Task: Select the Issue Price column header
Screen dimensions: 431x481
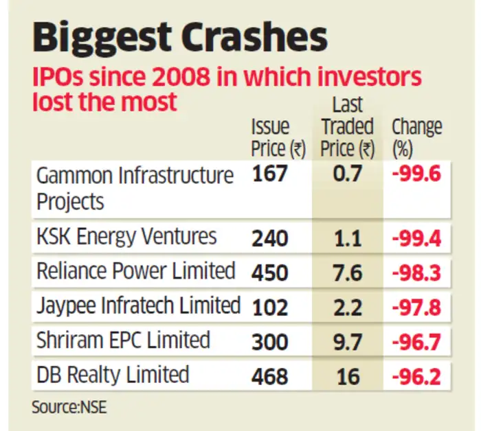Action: pyautogui.click(x=278, y=137)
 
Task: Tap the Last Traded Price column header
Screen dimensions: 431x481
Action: pyautogui.click(x=348, y=127)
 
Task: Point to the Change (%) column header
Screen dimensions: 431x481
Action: pyautogui.click(x=416, y=137)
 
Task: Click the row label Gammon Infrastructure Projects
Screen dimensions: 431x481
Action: pyautogui.click(x=135, y=188)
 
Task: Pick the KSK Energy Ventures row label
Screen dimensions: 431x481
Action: pyautogui.click(x=126, y=237)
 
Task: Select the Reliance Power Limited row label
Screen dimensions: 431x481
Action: pyautogui.click(x=135, y=271)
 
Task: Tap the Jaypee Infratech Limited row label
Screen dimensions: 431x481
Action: pyautogui.click(x=138, y=305)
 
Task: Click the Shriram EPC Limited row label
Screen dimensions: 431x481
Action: pyautogui.click(x=123, y=340)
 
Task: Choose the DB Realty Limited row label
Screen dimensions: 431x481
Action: pyautogui.click(x=112, y=375)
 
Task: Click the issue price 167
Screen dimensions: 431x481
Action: pyautogui.click(x=270, y=176)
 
